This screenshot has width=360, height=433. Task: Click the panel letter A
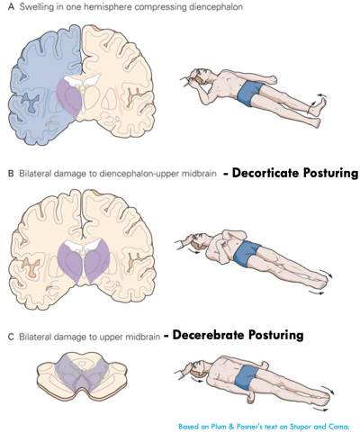[x=11, y=7]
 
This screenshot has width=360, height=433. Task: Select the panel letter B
[x=11, y=174]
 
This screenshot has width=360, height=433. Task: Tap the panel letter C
[x=11, y=337]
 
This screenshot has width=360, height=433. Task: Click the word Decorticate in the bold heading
[x=265, y=173]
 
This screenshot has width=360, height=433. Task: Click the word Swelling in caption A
[x=36, y=7]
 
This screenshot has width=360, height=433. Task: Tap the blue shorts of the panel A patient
[x=249, y=92]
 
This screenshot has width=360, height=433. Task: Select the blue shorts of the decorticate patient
[x=246, y=254]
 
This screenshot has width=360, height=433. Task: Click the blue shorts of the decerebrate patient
[x=247, y=377]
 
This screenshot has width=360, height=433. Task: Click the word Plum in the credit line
[x=211, y=427]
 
